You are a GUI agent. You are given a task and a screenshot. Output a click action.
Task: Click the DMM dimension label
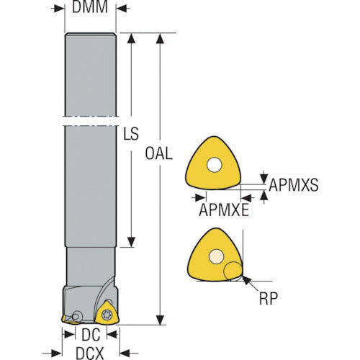[90, 6]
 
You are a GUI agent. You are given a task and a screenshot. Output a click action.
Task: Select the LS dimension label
[131, 134]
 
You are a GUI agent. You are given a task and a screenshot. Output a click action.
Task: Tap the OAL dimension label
[159, 153]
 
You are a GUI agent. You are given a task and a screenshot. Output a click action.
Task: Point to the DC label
[91, 335]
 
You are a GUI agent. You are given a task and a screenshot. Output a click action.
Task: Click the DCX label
[90, 354]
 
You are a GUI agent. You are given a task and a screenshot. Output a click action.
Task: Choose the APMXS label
[294, 185]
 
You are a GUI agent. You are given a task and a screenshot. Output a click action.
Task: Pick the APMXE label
[224, 210]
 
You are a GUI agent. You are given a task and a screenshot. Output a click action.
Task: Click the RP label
[269, 298]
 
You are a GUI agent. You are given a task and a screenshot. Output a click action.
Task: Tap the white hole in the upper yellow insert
[214, 165]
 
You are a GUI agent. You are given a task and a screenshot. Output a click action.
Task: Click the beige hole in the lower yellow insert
[216, 256]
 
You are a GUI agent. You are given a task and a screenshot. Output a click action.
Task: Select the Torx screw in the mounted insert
[107, 315]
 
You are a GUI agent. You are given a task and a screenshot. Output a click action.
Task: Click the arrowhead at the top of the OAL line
[160, 39]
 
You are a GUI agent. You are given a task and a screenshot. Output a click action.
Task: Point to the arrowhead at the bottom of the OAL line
[160, 320]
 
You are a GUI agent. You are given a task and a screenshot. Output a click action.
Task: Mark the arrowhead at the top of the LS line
[131, 39]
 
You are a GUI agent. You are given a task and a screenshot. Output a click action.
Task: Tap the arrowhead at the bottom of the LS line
[131, 242]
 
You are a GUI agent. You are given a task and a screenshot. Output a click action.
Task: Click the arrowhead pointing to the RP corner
[247, 280]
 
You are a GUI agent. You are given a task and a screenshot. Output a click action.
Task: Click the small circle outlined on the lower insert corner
[233, 271]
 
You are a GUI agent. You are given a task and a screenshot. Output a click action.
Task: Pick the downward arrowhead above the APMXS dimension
[264, 179]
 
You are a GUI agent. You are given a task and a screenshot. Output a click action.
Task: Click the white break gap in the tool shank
[91, 121]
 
